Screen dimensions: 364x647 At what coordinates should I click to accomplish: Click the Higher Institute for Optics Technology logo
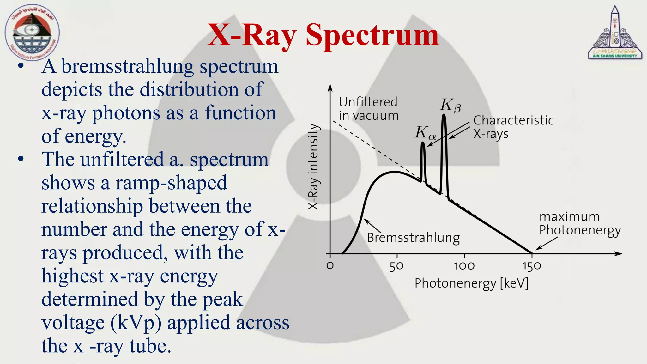click(32, 33)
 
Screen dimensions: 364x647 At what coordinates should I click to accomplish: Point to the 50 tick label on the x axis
click(396, 266)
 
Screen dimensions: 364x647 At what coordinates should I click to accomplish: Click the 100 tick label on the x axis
click(464, 266)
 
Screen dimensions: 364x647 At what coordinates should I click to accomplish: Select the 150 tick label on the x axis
click(532, 266)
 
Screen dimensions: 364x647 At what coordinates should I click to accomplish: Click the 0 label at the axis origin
click(330, 265)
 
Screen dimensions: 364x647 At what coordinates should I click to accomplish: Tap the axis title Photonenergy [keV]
click(471, 283)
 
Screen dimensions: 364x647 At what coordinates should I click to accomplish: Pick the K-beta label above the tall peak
click(450, 105)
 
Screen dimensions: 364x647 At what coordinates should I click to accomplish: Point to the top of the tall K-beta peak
click(444, 115)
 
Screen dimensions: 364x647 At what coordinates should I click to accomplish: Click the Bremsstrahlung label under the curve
click(413, 238)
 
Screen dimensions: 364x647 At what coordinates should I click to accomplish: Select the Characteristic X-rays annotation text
click(513, 127)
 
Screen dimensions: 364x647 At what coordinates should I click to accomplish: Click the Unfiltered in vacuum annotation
click(368, 109)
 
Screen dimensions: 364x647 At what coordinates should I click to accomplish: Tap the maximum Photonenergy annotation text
click(579, 223)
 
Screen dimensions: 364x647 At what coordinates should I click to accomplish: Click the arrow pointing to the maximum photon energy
click(547, 244)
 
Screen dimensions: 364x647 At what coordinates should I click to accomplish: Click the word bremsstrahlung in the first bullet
click(127, 67)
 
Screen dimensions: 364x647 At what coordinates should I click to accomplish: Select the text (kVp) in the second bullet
click(136, 323)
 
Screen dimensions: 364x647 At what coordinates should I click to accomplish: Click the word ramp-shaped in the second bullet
click(171, 183)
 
